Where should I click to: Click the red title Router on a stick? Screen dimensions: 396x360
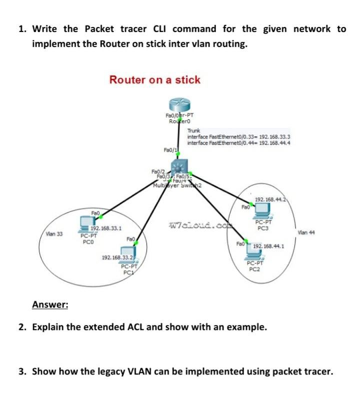click(x=154, y=80)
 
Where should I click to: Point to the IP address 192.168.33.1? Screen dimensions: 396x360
click(x=105, y=228)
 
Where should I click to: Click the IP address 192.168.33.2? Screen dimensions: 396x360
click(x=116, y=258)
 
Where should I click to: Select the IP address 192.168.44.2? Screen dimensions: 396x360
click(x=270, y=200)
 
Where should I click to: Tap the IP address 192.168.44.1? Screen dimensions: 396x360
click(x=268, y=247)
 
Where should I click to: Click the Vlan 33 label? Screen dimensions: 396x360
click(x=54, y=234)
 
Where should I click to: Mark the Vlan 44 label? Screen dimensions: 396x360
click(x=305, y=232)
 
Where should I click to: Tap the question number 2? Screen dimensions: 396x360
click(x=22, y=327)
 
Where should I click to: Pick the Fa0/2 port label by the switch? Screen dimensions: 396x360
click(x=158, y=172)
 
